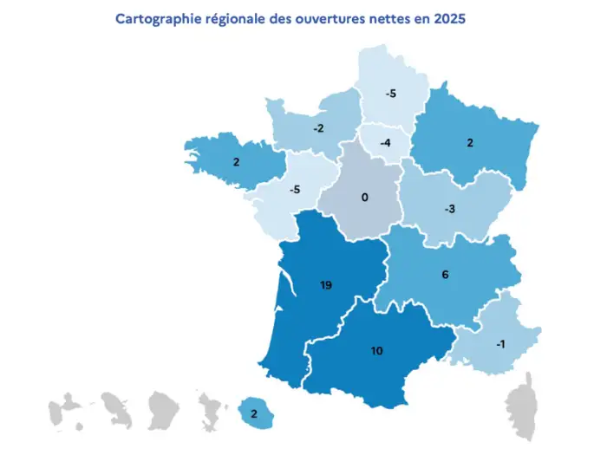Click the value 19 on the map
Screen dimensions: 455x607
point(326,284)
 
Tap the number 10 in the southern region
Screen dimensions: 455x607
point(377,351)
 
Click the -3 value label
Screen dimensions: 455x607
point(450,209)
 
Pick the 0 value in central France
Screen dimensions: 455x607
point(364,198)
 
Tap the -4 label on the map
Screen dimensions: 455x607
point(385,141)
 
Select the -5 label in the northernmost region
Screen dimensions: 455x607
point(390,93)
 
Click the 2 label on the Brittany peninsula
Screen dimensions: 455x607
point(236,161)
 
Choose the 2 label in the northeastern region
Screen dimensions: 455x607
point(470,143)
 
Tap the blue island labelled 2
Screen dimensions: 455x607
point(253,413)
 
